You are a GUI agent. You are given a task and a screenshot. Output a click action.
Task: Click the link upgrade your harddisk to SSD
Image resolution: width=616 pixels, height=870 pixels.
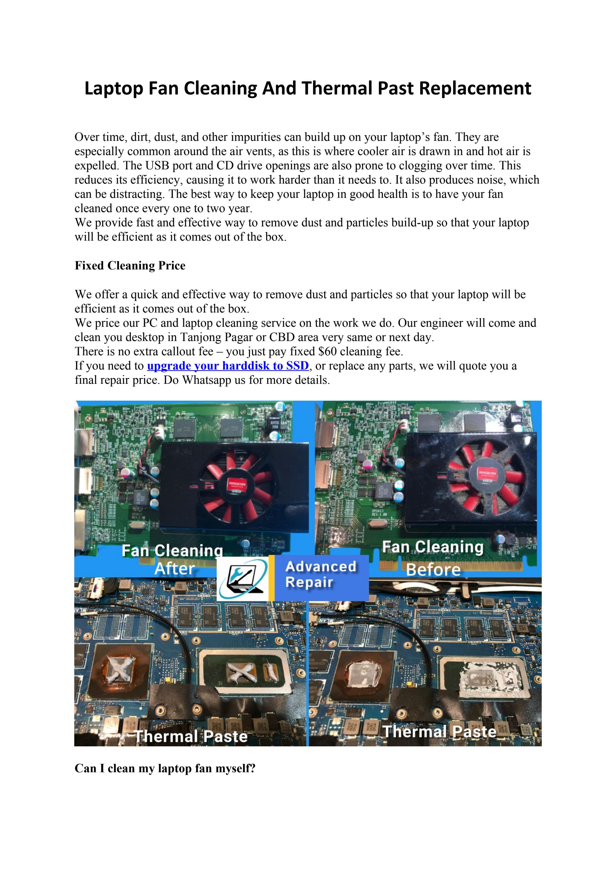[x=227, y=366]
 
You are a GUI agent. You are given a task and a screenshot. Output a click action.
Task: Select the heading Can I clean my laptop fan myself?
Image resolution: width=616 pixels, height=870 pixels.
[x=165, y=768]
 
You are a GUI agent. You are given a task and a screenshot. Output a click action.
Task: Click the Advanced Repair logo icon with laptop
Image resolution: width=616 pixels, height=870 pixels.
[x=242, y=578]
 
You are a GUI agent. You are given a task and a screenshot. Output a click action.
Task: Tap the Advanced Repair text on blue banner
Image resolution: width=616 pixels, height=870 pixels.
[x=320, y=574]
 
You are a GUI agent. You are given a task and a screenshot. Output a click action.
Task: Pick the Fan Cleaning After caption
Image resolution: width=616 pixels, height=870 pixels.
[x=173, y=560]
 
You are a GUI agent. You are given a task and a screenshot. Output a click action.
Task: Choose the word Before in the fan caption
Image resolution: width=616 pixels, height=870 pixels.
[x=433, y=569]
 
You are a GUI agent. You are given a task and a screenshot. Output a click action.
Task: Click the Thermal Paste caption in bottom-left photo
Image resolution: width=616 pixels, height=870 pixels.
[x=191, y=736]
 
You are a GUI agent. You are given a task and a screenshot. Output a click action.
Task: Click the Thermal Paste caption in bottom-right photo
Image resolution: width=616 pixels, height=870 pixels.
[x=439, y=731]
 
